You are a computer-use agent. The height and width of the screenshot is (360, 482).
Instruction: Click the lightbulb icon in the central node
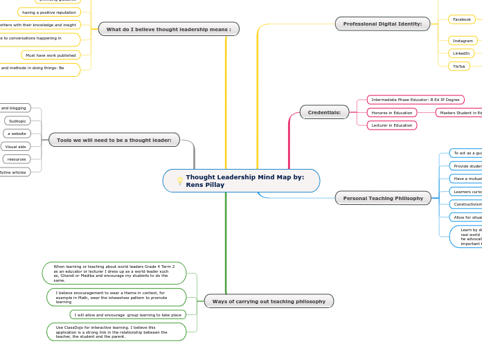pos(180,181)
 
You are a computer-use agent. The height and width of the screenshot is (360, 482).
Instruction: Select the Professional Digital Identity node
pos(382,24)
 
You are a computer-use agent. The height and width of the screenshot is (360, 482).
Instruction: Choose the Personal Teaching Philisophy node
pos(383,198)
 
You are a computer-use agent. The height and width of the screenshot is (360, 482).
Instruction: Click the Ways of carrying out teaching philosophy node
pos(269,301)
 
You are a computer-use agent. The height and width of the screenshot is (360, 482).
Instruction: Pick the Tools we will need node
pos(114,140)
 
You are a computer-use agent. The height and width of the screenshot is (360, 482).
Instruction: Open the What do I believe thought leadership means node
pos(168,29)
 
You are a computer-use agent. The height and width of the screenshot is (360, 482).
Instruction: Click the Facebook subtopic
pos(461,19)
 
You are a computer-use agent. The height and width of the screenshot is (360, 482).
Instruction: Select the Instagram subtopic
pos(462,41)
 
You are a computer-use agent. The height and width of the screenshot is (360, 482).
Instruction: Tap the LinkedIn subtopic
pos(461,53)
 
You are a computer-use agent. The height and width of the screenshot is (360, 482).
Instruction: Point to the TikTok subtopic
pos(458,66)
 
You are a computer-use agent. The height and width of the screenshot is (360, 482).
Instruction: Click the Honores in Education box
pos(391,113)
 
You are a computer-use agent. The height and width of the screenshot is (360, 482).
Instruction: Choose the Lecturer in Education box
pos(391,125)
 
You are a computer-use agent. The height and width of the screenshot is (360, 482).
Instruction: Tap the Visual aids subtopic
pos(15,147)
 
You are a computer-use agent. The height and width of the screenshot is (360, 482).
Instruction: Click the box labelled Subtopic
pos(17,121)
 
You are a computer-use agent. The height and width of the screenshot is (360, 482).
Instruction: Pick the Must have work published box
pos(51,55)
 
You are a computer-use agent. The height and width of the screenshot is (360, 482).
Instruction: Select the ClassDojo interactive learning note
pos(116,332)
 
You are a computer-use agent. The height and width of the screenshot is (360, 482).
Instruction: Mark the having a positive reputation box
pos(48,12)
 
